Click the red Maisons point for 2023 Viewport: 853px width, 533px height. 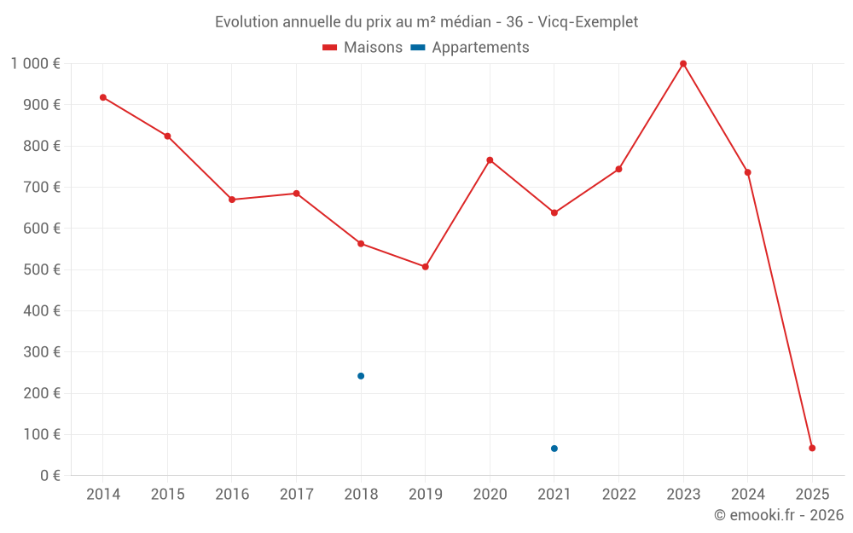[x=683, y=64]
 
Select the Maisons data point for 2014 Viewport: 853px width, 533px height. [x=103, y=97]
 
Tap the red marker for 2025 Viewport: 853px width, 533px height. [x=812, y=448]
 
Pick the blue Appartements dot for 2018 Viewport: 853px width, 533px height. [x=361, y=376]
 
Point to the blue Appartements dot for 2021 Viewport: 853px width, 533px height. [x=554, y=449]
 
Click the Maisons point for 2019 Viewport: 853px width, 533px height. [x=426, y=267]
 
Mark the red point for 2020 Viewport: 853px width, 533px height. [x=490, y=160]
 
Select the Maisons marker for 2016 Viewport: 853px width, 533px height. [x=232, y=200]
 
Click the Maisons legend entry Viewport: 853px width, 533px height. [x=363, y=48]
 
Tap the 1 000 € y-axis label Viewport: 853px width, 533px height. [x=36, y=64]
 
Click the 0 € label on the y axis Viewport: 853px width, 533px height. [x=49, y=476]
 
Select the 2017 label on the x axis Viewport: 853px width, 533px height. [x=296, y=495]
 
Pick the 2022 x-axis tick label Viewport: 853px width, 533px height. [x=618, y=495]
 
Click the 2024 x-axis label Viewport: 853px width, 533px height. [x=747, y=495]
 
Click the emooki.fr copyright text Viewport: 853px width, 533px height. [x=779, y=515]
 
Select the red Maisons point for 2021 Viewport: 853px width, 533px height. [x=554, y=212]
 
